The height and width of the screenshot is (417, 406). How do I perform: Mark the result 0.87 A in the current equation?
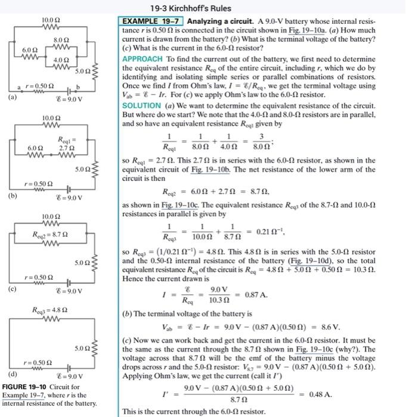point(255,294)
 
